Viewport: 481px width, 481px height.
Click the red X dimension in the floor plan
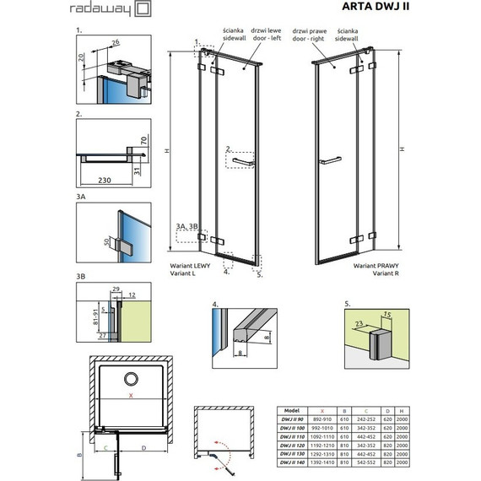(131, 395)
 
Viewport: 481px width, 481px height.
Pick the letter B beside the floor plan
(78, 453)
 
